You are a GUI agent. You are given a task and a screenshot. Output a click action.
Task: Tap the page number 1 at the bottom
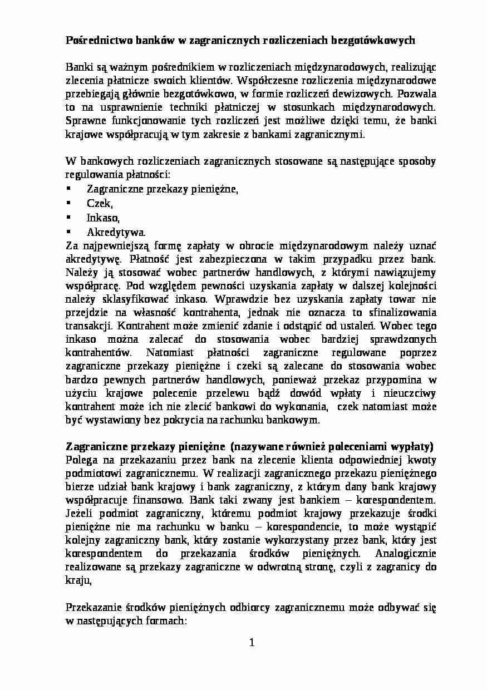(x=252, y=644)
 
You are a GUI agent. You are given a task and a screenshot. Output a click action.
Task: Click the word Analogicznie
(x=406, y=554)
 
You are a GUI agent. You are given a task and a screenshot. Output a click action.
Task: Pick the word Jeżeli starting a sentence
(x=81, y=514)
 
